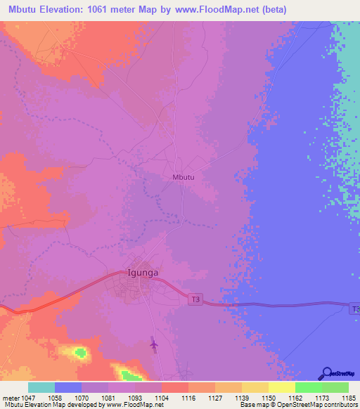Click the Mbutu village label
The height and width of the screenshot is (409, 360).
point(183,177)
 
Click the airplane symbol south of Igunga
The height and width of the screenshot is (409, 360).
point(154,344)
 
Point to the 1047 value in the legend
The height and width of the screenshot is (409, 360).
point(37,398)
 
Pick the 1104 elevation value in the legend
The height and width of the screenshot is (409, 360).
point(162,398)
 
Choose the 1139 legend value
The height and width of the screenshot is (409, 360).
point(241,398)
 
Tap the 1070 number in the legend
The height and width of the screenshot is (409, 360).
point(82,398)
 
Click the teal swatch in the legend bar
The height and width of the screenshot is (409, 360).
point(41,387)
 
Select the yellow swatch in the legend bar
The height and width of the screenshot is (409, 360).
point(281,387)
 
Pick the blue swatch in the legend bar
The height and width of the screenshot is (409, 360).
point(68,387)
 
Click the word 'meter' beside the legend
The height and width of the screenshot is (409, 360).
point(13,398)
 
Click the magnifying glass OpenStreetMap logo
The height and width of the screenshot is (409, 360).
point(326,373)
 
